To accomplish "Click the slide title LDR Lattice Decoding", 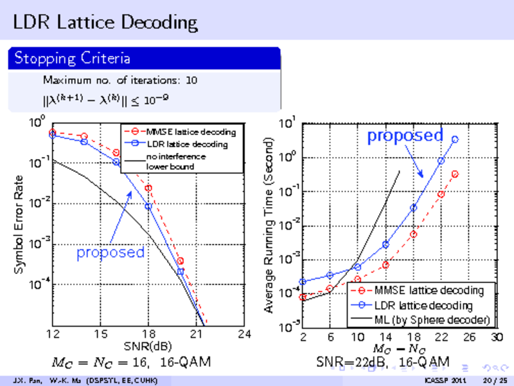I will [x=105, y=23].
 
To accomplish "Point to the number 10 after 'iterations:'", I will [x=191, y=81].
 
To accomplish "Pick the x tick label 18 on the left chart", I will [x=148, y=334].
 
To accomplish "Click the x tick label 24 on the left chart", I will [x=244, y=334].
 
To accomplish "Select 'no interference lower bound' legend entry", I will [x=175, y=161].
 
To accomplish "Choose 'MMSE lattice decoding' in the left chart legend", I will [x=191, y=132].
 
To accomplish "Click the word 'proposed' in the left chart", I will [x=111, y=252].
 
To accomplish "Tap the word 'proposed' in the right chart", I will [x=405, y=136].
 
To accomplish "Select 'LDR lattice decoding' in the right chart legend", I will [x=423, y=305].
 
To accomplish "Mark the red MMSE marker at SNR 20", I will [x=181, y=261].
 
